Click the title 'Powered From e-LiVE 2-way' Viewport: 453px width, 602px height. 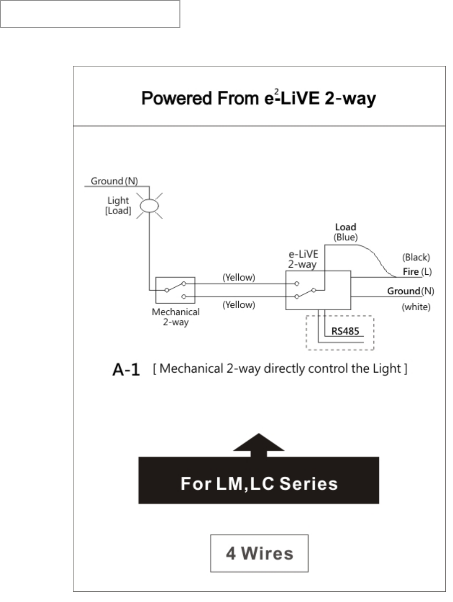(259, 98)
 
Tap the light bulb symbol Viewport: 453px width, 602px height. (149, 205)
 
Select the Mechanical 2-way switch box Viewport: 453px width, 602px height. (175, 290)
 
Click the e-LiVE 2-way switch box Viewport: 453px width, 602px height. (317, 290)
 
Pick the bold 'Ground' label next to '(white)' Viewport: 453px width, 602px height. (404, 291)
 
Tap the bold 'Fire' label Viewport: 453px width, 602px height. (411, 272)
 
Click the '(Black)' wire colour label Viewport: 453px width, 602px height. (416, 258)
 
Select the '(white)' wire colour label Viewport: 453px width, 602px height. (416, 307)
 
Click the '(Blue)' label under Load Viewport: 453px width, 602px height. (345, 237)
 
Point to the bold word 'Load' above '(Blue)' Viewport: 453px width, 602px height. (345, 227)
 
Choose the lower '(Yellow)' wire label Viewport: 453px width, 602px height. (239, 304)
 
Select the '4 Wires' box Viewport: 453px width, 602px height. (259, 553)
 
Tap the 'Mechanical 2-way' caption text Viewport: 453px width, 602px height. (175, 317)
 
